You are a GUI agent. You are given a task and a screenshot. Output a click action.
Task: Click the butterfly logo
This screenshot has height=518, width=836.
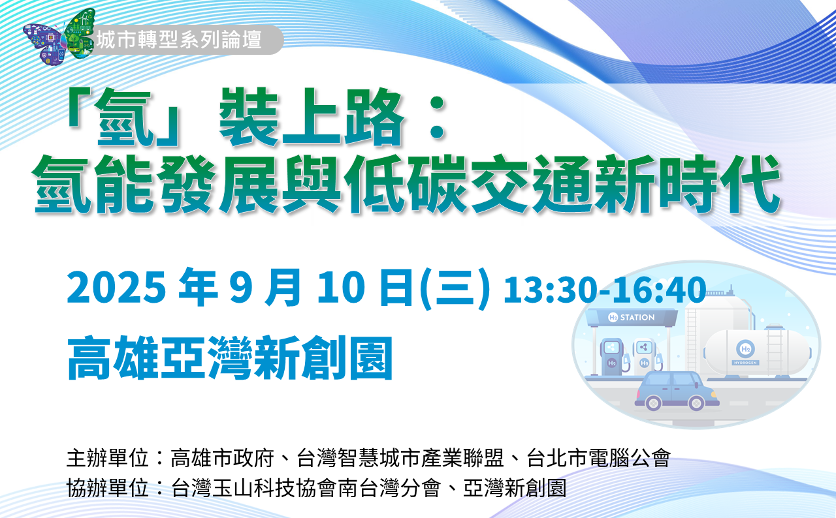pos(59,37)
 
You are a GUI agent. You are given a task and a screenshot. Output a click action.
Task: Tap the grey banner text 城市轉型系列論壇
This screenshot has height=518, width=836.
pos(179,40)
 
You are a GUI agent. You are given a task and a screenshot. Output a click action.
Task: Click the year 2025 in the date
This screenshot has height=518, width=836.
pos(116,287)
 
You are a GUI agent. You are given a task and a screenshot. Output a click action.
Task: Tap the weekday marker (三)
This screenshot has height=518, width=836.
pos(455,288)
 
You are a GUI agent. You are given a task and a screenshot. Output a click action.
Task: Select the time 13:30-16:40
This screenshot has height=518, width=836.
pos(605,290)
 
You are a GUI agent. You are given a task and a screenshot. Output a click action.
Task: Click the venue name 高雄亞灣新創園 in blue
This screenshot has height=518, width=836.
pos(230,358)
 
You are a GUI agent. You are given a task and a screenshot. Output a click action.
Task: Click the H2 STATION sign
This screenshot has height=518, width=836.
pos(632,318)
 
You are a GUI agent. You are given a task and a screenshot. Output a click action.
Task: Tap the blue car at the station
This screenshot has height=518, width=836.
pos(676,391)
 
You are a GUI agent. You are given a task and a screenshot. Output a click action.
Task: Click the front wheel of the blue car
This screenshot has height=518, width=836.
pos(696,403)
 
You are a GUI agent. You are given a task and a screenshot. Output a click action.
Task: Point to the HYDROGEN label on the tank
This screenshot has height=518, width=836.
pos(745,363)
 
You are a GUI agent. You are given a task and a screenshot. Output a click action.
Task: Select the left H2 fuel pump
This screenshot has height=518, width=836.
pos(612,356)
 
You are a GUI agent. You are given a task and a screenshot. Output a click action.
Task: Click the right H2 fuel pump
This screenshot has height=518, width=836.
pos(645,356)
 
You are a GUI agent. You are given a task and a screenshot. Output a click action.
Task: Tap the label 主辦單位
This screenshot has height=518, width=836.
pos(108,458)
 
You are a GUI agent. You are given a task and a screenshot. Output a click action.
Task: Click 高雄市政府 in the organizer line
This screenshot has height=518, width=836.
pos(223,458)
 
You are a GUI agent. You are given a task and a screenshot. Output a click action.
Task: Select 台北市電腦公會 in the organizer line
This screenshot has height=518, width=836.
pos(599,458)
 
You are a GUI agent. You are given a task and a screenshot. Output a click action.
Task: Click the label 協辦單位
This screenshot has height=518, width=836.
pos(108,488)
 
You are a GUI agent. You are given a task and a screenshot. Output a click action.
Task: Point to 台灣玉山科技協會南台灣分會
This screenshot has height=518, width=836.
pos(306,488)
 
